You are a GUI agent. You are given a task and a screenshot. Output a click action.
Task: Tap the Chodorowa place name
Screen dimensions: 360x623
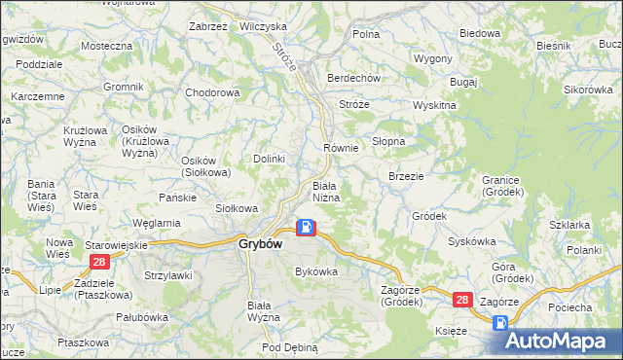click(x=212, y=93)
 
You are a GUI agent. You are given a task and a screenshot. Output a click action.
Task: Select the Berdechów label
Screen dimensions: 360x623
click(x=353, y=79)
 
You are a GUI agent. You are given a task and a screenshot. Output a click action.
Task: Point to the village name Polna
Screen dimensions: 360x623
click(x=366, y=34)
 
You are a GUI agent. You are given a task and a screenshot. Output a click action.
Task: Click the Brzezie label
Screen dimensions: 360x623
click(x=405, y=177)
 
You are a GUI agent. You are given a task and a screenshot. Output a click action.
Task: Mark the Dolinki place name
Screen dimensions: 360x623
click(x=269, y=159)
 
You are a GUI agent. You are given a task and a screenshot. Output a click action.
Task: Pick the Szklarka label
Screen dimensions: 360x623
click(x=569, y=225)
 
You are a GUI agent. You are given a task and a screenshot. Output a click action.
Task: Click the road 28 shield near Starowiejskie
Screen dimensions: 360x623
click(x=98, y=263)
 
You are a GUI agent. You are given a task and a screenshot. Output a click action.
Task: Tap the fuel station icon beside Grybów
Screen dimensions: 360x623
click(x=306, y=228)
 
